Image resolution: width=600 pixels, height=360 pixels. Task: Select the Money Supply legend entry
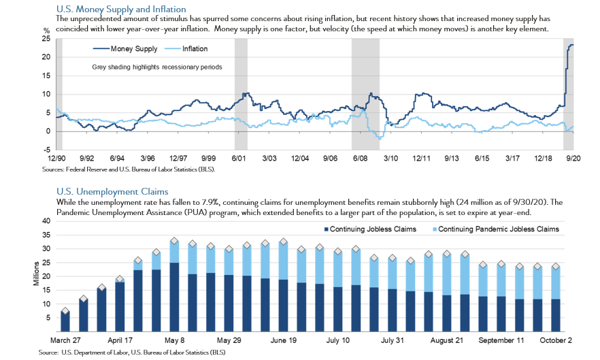tap(125, 49)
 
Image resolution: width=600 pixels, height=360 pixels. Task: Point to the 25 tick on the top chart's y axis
tap(46, 39)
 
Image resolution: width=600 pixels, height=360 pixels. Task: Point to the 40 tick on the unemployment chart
tap(46, 221)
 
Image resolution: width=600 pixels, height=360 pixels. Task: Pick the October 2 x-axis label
tap(556, 339)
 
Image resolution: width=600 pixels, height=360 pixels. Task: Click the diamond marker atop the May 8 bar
tap(174, 240)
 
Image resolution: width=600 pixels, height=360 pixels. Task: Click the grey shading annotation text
tap(158, 67)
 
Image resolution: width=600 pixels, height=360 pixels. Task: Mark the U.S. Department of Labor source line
tap(132, 353)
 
